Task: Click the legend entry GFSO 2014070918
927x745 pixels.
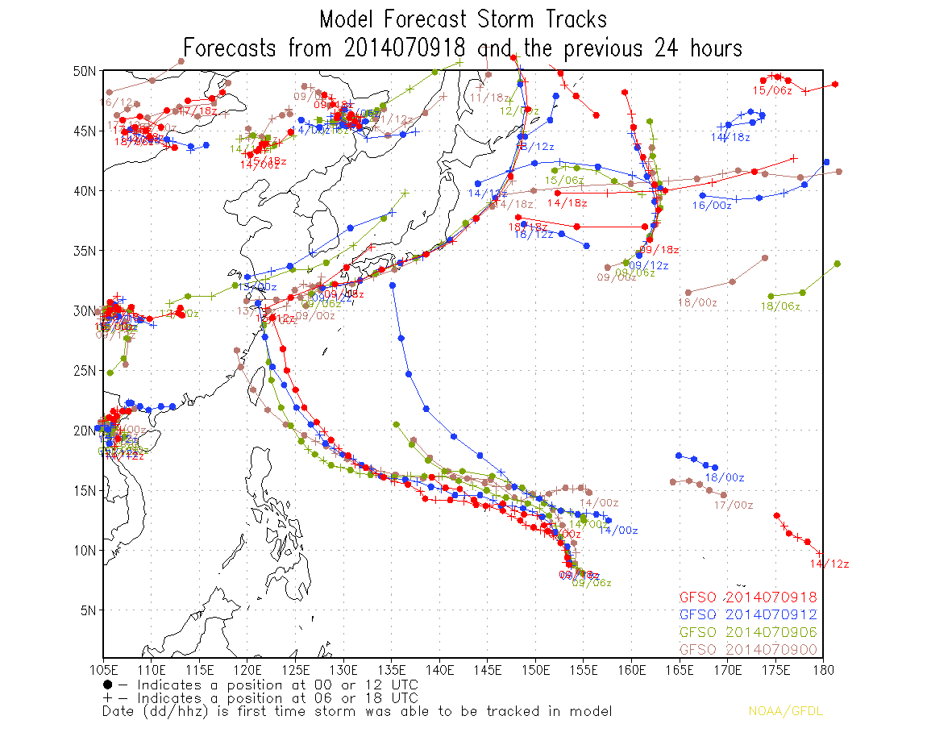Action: click(748, 597)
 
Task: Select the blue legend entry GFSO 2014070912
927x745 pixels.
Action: click(748, 615)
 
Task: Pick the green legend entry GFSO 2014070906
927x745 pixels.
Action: click(748, 632)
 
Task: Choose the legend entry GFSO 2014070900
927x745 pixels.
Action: click(748, 650)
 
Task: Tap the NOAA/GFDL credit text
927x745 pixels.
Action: click(785, 711)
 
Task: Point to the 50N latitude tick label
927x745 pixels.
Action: click(85, 71)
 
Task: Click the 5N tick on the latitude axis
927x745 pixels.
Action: click(88, 610)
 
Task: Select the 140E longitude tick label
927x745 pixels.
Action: click(439, 669)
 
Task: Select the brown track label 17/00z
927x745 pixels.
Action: click(734, 506)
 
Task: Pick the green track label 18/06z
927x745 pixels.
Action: click(780, 306)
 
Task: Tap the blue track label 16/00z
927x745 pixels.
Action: click(712, 206)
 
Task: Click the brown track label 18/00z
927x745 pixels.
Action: click(697, 302)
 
